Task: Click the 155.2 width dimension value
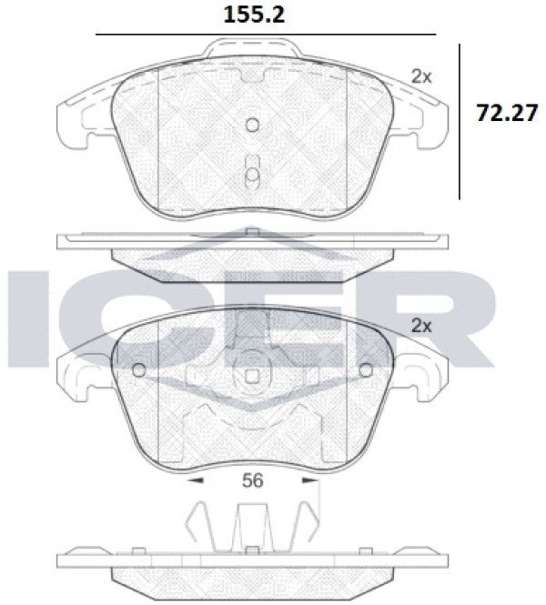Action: coord(254,15)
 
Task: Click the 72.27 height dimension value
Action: coord(507,113)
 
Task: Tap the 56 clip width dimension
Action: coord(253,480)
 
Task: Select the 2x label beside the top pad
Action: coord(421,77)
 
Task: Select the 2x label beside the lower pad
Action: coord(421,326)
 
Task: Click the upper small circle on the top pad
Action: coord(252,125)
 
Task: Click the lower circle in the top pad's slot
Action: coord(252,175)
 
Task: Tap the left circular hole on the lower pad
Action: coord(139,370)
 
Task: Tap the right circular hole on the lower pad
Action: coord(366,370)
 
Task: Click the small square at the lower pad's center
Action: coord(252,377)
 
